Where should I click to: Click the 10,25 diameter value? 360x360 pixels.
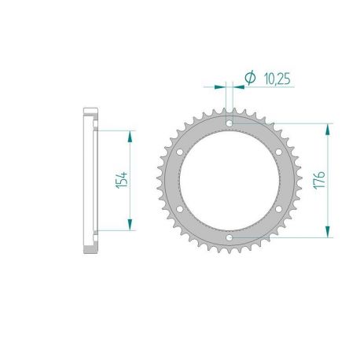tap(277, 79)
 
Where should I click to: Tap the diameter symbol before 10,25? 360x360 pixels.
tap(250, 78)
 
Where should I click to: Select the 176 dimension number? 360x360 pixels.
tap(319, 180)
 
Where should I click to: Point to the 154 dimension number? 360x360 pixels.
tap(122, 180)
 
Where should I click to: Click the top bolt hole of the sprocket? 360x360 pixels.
tap(230, 123)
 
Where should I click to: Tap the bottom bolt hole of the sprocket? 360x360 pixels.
tap(230, 237)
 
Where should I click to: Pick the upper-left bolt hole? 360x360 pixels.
tap(180, 152)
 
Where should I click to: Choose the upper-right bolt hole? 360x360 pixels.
tap(279, 152)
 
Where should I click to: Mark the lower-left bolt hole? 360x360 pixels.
tap(180, 209)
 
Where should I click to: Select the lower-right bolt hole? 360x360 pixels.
tap(279, 209)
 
